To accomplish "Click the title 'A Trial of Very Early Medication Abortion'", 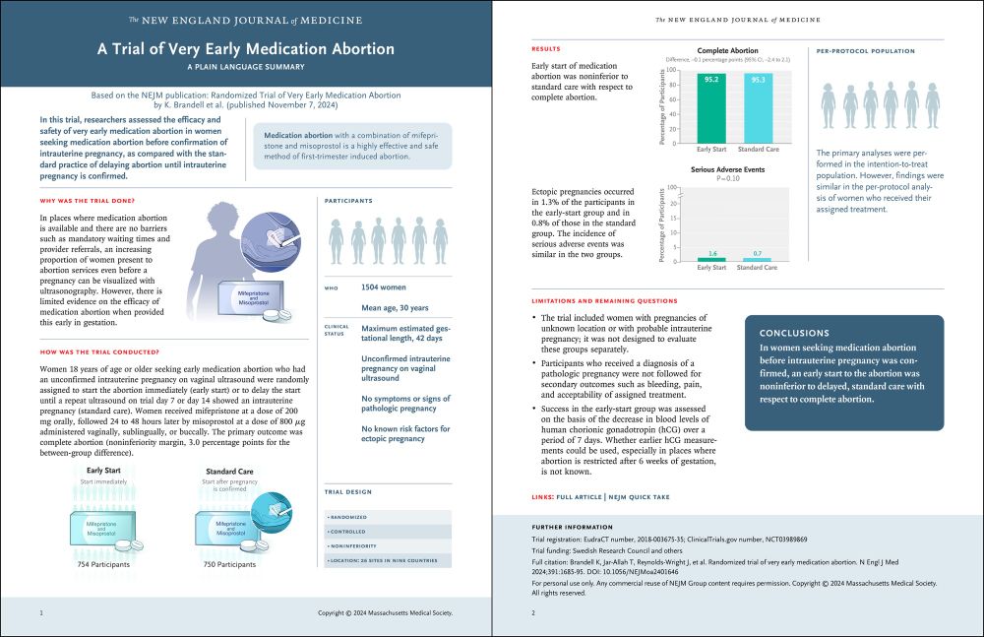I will [x=246, y=49].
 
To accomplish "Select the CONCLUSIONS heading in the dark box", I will [x=794, y=333].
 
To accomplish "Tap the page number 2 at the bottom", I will [x=532, y=613].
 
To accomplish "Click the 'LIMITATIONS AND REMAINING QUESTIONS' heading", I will [x=604, y=300].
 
